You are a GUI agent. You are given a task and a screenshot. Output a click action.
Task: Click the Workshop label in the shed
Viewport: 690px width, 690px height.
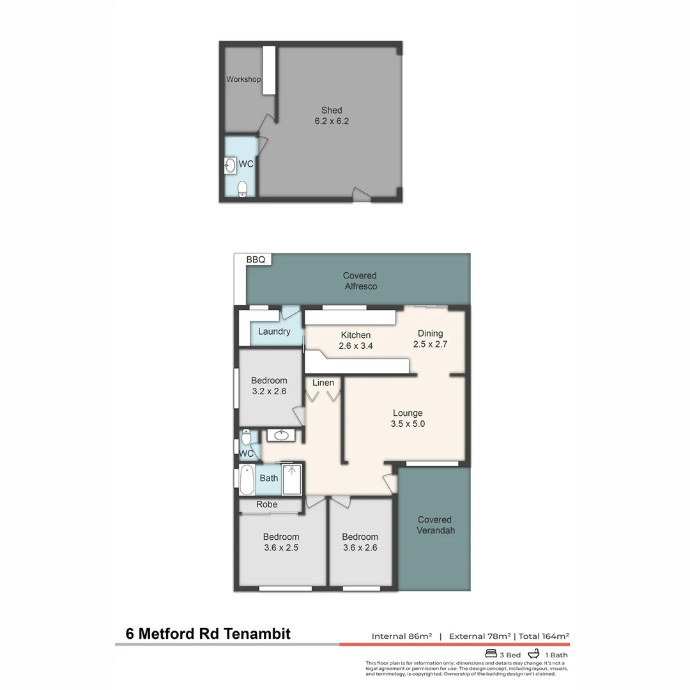pyautogui.click(x=243, y=79)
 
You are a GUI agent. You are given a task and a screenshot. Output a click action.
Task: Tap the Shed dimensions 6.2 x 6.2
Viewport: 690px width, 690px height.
pyautogui.click(x=332, y=121)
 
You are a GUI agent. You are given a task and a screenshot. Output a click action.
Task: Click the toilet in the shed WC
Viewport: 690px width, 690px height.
pyautogui.click(x=242, y=188)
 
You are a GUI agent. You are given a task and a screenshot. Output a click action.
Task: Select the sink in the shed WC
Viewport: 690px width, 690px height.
pyautogui.click(x=230, y=166)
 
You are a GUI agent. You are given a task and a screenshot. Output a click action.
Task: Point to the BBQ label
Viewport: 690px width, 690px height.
pyautogui.click(x=256, y=259)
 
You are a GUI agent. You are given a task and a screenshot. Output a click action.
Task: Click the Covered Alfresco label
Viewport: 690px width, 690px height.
pyautogui.click(x=360, y=280)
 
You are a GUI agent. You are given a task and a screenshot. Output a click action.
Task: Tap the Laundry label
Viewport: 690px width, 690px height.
pyautogui.click(x=274, y=332)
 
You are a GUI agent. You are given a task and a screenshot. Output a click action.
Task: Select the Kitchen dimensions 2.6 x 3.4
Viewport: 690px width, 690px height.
pyautogui.click(x=356, y=346)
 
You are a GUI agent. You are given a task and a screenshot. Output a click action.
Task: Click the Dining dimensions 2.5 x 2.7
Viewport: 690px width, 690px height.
pyautogui.click(x=430, y=344)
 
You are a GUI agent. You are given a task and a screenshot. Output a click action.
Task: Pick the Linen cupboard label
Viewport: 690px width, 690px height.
pyautogui.click(x=323, y=383)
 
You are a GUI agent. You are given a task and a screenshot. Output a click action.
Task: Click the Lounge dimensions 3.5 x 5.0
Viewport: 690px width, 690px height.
pyautogui.click(x=408, y=424)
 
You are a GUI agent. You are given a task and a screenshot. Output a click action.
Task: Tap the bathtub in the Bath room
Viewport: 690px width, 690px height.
pyautogui.click(x=247, y=480)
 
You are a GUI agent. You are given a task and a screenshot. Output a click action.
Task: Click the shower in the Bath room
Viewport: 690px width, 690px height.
pyautogui.click(x=292, y=480)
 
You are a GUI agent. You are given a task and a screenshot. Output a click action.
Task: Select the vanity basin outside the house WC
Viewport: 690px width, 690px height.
pyautogui.click(x=281, y=435)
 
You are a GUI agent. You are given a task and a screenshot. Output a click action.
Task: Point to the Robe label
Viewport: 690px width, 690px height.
pyautogui.click(x=266, y=504)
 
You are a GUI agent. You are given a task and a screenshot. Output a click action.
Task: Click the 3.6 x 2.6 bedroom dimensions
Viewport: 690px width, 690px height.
pyautogui.click(x=360, y=548)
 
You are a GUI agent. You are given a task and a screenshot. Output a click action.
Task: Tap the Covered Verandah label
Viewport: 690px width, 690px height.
pyautogui.click(x=435, y=525)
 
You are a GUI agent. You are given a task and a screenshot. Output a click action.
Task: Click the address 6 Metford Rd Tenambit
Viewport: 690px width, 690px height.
pyautogui.click(x=208, y=634)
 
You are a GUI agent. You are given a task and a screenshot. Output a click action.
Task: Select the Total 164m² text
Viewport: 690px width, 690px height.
pyautogui.click(x=544, y=636)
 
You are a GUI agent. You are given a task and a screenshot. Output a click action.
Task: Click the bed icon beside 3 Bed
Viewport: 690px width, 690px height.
pyautogui.click(x=491, y=654)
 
